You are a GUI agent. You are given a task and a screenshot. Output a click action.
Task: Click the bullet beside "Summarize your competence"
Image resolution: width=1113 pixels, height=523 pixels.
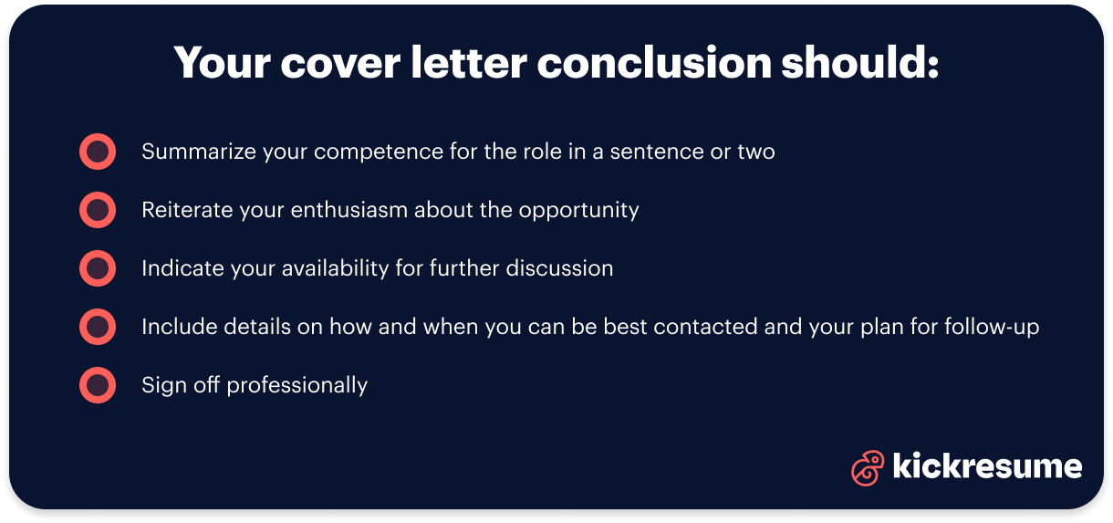[98, 152]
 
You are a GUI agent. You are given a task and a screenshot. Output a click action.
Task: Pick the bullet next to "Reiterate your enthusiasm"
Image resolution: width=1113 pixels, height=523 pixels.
[98, 210]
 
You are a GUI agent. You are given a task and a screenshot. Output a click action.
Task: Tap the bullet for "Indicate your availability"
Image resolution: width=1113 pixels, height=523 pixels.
[98, 268]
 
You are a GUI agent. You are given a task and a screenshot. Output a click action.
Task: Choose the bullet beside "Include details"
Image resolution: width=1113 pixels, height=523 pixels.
[98, 327]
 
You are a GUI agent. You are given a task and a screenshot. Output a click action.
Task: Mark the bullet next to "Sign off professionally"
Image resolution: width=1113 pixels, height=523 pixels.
[98, 385]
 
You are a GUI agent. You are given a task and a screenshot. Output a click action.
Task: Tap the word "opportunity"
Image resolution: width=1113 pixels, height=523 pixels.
[578, 211]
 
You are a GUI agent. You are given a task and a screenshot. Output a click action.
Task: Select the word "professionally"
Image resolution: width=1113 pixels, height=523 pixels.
[297, 386]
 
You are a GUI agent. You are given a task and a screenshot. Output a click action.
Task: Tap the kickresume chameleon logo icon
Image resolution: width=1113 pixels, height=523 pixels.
[867, 467]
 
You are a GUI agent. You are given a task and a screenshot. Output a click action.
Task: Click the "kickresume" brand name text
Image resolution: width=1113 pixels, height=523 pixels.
[987, 466]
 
